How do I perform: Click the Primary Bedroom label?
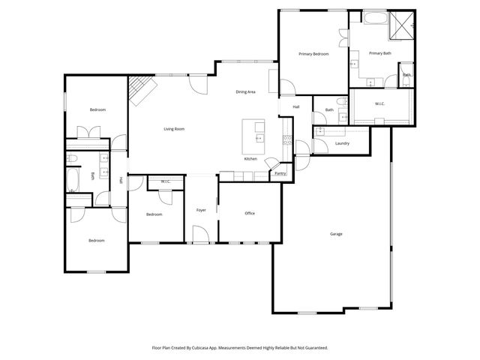[x=313, y=54]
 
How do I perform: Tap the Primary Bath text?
[x=380, y=52]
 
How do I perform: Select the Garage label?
[x=336, y=234]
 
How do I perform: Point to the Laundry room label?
[x=343, y=143]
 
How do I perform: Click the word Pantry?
[x=280, y=173]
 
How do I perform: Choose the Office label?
[x=250, y=213]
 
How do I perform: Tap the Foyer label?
[x=201, y=210]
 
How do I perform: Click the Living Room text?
[x=174, y=129]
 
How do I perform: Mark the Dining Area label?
[x=246, y=91]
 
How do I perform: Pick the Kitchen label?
[x=250, y=159]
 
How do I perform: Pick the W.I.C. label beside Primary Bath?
[x=379, y=103]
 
